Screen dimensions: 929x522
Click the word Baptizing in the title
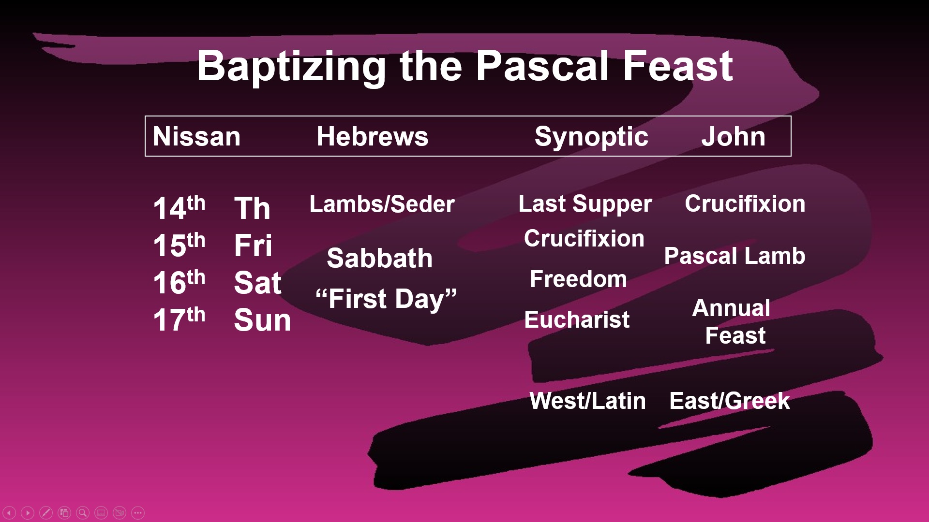tap(291, 67)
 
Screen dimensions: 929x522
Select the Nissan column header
tap(196, 136)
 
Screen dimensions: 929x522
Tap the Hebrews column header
tap(373, 136)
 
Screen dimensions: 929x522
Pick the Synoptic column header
tap(591, 137)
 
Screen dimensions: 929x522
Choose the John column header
tap(733, 136)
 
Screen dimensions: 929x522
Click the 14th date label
tap(179, 208)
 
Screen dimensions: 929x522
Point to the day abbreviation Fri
tap(253, 245)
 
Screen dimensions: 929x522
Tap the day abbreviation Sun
tap(262, 320)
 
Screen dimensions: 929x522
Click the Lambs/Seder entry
tap(382, 204)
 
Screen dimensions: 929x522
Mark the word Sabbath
tap(380, 258)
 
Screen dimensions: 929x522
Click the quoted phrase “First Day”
tap(386, 299)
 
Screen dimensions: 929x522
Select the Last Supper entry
tap(585, 204)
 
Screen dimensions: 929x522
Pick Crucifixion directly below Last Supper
tap(584, 239)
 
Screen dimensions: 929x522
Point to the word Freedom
tap(578, 279)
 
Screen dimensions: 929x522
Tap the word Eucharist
tap(577, 320)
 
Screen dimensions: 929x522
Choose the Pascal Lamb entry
tap(734, 256)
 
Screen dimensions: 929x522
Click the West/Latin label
tap(588, 401)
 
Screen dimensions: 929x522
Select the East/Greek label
tap(730, 401)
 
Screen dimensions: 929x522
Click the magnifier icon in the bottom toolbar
tap(83, 513)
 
